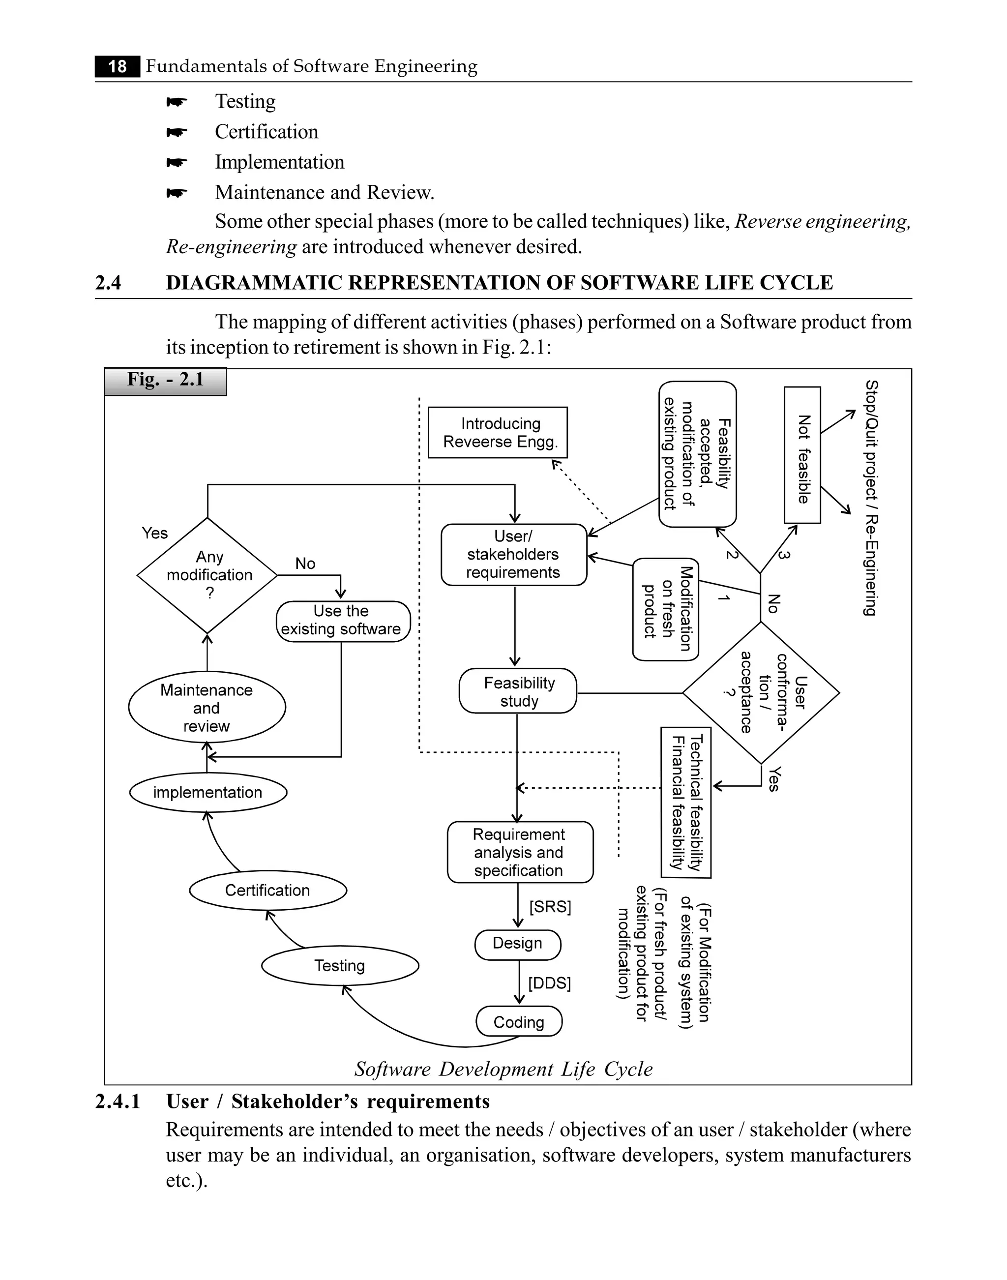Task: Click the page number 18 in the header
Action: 118,66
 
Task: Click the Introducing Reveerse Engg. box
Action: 498,433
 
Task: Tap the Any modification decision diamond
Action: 207,575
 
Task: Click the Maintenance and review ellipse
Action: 207,708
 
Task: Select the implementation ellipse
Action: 208,792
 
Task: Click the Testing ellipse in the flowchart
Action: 340,966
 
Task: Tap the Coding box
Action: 519,1022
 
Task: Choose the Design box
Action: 518,943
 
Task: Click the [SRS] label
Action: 550,907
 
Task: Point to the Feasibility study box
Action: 518,691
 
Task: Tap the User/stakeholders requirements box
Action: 513,555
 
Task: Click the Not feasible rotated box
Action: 802,455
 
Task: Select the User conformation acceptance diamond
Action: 761,693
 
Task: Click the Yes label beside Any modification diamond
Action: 154,534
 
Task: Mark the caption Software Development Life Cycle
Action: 503,1069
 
